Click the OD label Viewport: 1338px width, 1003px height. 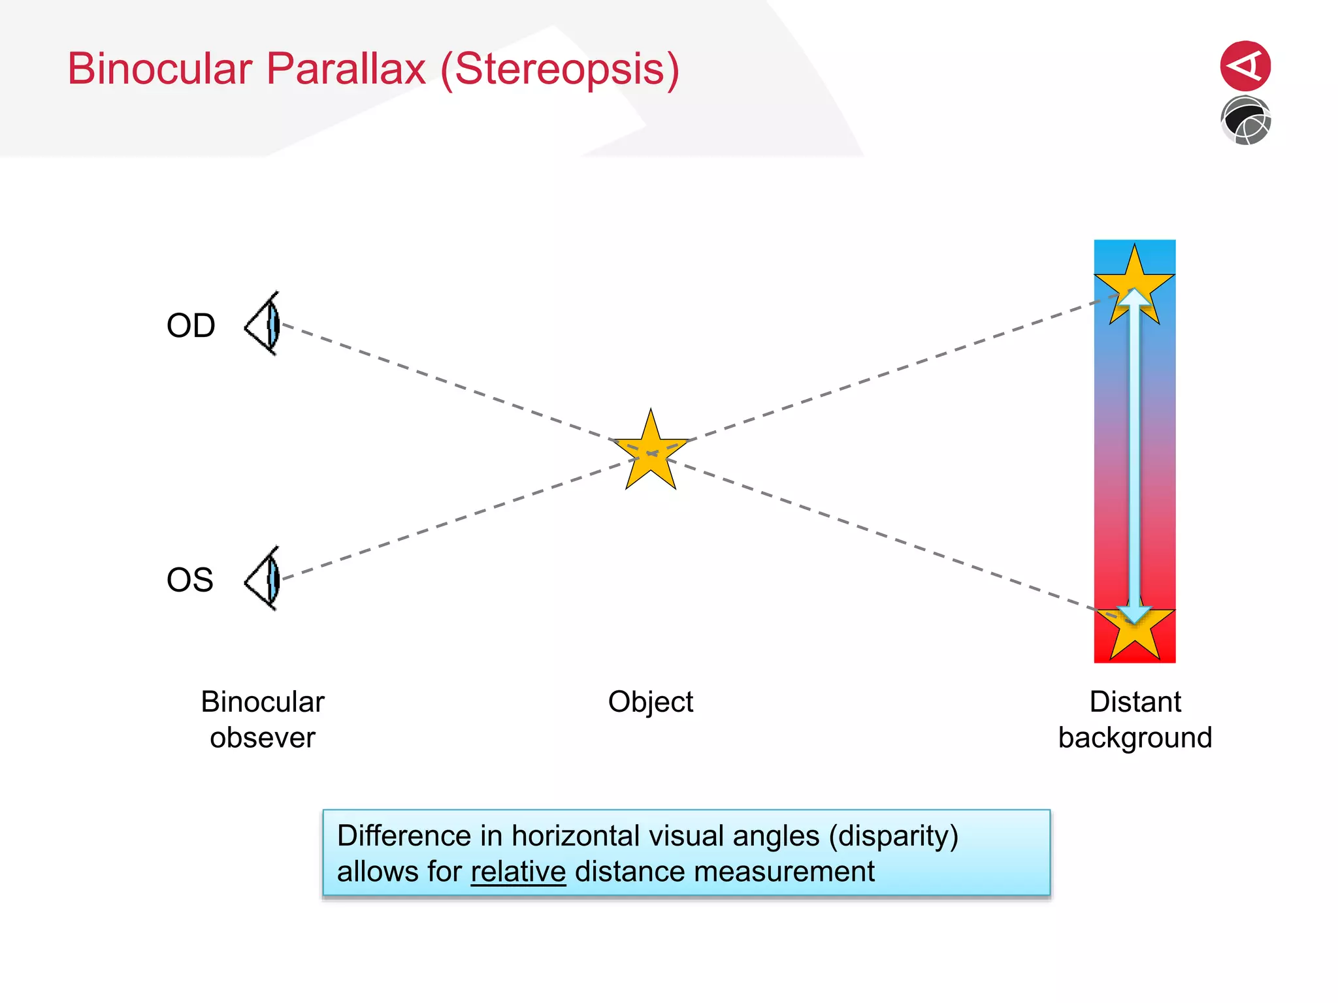[x=191, y=325]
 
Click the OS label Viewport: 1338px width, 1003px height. [x=190, y=579]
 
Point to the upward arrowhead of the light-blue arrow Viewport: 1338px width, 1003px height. [x=1135, y=296]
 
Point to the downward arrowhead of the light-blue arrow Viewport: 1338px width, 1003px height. [x=1135, y=613]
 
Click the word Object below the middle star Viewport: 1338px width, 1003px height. [x=650, y=702]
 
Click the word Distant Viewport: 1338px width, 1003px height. [x=1135, y=702]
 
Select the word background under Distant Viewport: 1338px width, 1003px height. [x=1135, y=738]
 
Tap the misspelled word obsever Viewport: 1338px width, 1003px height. [x=263, y=738]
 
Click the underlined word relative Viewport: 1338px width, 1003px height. [x=518, y=872]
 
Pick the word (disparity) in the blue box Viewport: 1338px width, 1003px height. [x=893, y=836]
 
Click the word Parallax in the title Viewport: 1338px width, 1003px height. [x=346, y=69]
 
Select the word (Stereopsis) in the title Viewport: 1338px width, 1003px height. [x=560, y=69]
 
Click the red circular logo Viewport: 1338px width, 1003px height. [x=1245, y=66]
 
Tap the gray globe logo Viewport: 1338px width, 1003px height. [x=1245, y=121]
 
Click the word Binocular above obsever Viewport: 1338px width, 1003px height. [x=263, y=702]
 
